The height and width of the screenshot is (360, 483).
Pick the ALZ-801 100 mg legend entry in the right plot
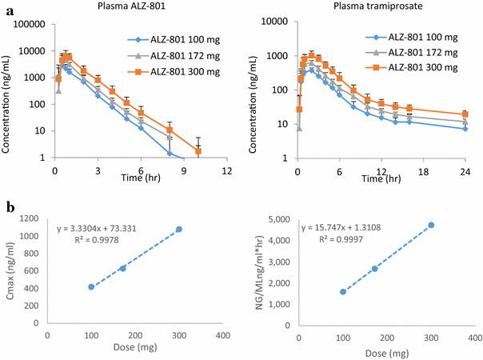point(421,37)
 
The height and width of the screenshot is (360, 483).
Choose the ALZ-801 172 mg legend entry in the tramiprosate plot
point(421,52)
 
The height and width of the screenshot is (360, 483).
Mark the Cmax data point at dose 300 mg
point(179,230)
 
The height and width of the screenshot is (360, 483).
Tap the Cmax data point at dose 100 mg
point(91,286)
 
